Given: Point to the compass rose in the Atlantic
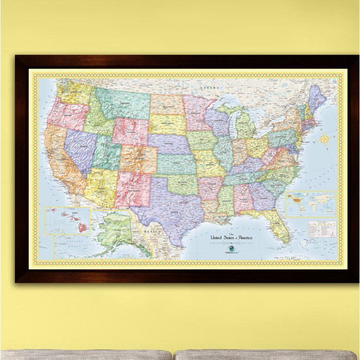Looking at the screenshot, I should click(x=325, y=138).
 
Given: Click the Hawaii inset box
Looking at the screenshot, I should click(x=67, y=221).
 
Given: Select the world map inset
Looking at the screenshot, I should click(x=311, y=204).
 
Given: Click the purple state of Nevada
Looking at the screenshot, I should click(x=79, y=149).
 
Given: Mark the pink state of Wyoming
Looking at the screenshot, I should click(x=131, y=132).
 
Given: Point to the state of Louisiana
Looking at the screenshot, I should click(x=211, y=211).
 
